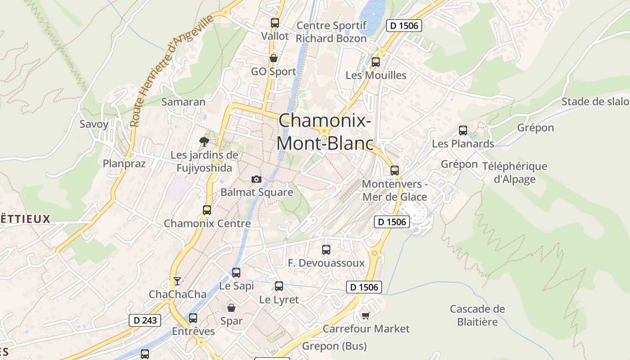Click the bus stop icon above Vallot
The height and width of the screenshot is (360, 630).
click(x=274, y=22)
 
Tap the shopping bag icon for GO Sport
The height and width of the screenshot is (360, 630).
click(x=273, y=58)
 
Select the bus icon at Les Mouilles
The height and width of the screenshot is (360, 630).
click(x=375, y=62)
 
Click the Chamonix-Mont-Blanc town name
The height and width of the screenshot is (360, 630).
click(x=325, y=132)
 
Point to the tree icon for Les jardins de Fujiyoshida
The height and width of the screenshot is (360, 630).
click(x=204, y=142)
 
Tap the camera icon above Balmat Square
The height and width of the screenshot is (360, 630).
click(x=256, y=179)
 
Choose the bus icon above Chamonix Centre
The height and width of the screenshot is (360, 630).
click(x=207, y=210)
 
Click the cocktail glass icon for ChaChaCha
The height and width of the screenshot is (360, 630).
click(x=177, y=281)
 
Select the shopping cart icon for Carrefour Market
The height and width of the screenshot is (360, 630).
click(x=365, y=315)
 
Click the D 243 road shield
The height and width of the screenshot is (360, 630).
click(x=145, y=320)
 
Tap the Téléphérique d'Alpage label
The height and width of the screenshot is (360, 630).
click(x=515, y=173)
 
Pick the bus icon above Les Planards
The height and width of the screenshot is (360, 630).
click(x=463, y=130)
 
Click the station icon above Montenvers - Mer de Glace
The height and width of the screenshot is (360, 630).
click(x=395, y=170)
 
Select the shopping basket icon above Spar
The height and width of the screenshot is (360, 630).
click(x=231, y=308)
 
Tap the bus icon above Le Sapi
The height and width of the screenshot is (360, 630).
click(x=236, y=272)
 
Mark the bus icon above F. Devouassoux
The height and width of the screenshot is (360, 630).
click(x=326, y=249)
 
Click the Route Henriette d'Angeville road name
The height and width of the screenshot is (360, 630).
click(x=171, y=72)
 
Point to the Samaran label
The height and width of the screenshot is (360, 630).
click(x=183, y=102)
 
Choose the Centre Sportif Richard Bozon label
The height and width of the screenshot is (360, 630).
click(x=331, y=32)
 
